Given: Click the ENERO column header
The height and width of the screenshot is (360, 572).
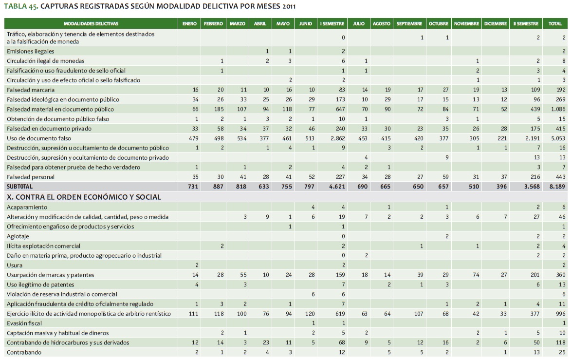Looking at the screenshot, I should (x=189, y=24).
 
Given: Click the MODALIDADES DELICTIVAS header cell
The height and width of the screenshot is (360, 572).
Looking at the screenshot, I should (x=91, y=24).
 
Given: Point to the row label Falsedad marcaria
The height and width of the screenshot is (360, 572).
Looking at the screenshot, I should (x=31, y=90).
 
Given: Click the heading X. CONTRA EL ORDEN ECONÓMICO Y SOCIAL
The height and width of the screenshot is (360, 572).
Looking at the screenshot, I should (x=83, y=197).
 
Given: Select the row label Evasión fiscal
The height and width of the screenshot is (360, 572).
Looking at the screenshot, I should (x=24, y=323).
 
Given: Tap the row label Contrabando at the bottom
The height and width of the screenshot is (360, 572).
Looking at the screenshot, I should (x=24, y=352).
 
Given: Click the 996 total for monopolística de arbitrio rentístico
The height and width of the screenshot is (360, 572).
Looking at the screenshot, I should (x=560, y=313).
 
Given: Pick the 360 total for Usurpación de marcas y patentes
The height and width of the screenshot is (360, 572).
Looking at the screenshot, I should (x=560, y=275).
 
